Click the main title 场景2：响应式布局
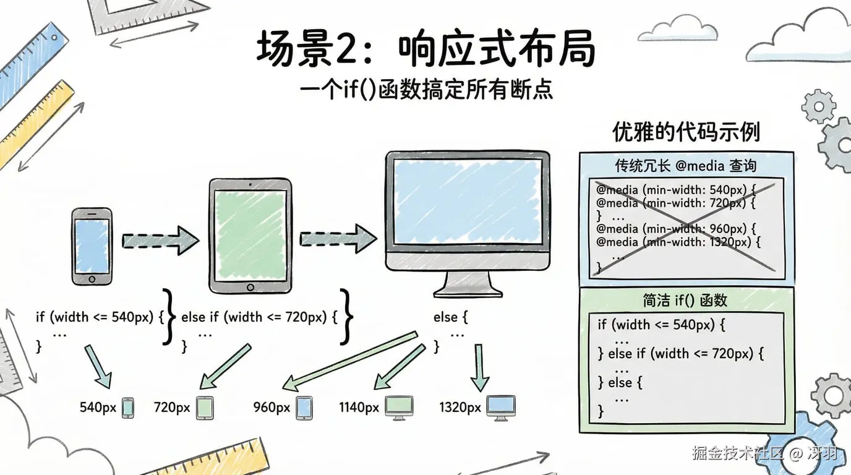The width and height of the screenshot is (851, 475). click(426, 49)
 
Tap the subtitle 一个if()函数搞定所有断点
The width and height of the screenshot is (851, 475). click(426, 90)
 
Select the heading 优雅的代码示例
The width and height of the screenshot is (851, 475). click(686, 132)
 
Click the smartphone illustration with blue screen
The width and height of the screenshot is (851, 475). click(92, 246)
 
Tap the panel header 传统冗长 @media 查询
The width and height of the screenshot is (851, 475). click(685, 166)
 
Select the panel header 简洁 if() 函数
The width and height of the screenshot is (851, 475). click(685, 301)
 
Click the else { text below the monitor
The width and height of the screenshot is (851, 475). click(450, 317)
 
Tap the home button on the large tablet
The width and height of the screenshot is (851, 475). click(250, 288)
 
